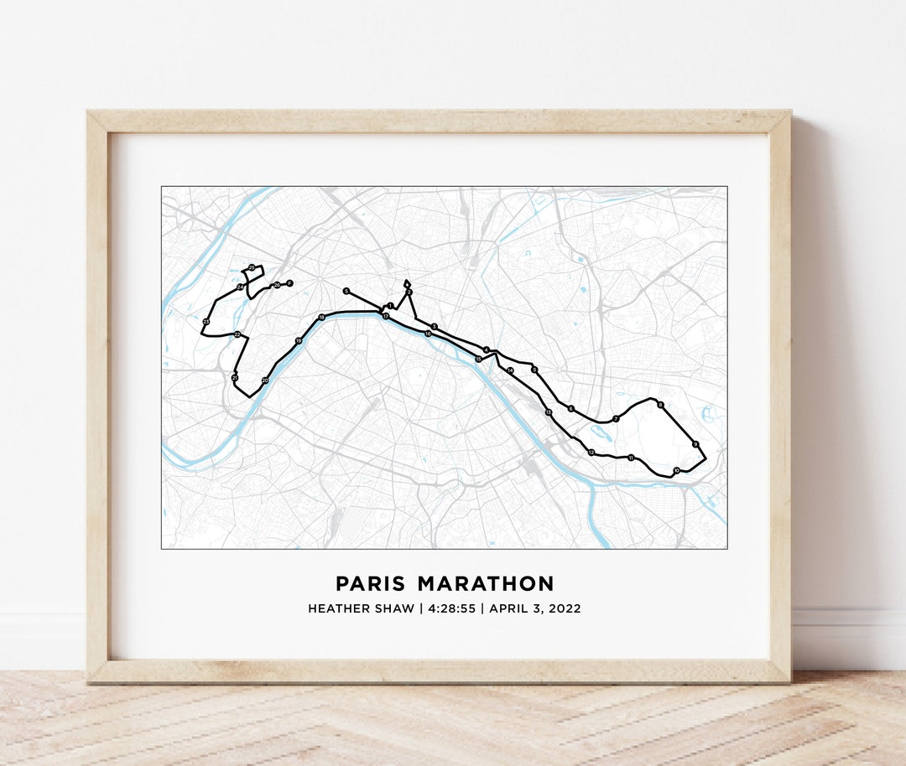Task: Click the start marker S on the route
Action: click(x=346, y=291)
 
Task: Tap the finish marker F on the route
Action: click(x=289, y=283)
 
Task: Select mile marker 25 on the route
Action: click(x=252, y=267)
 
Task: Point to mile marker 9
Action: click(x=695, y=444)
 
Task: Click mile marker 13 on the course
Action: click(x=548, y=412)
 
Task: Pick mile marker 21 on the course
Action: click(x=235, y=378)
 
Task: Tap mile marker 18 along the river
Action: click(x=321, y=317)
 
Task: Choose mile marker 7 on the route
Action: click(x=616, y=418)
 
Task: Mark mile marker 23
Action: click(x=206, y=321)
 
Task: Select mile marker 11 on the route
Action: click(x=630, y=458)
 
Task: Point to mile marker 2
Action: click(x=409, y=292)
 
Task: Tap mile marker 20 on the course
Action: click(x=265, y=380)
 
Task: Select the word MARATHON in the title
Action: click(x=486, y=583)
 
